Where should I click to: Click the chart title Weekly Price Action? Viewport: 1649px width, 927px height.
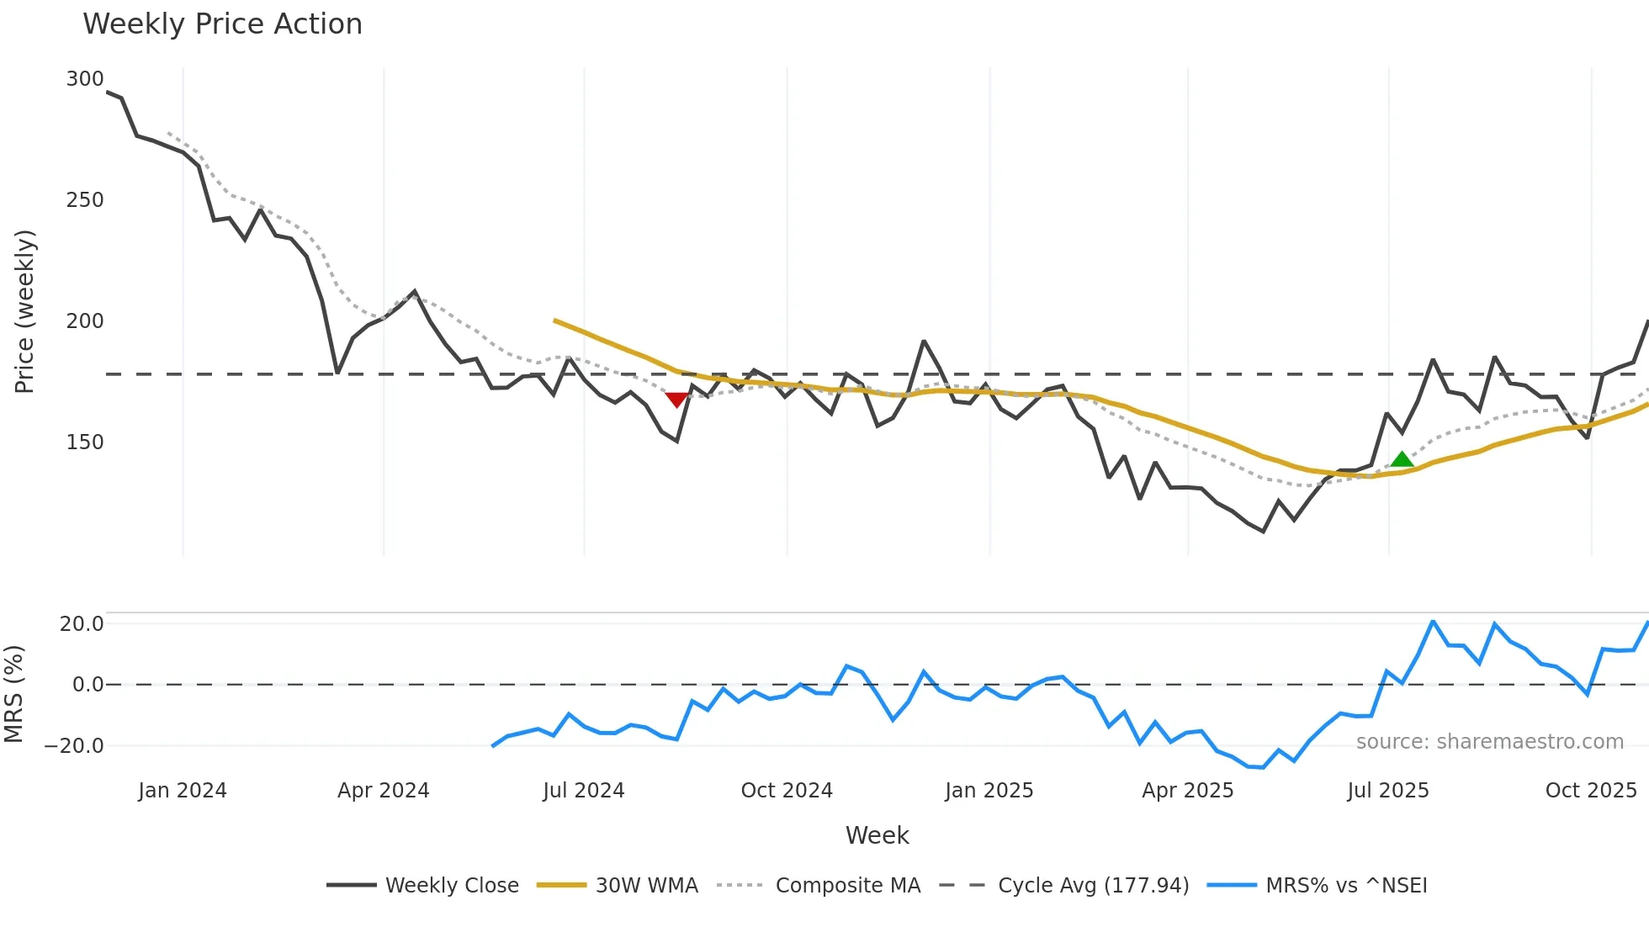222,24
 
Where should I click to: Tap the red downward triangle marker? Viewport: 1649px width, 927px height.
676,400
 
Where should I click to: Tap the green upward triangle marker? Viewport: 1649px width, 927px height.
1402,459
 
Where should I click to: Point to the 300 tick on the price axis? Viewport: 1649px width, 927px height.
84,79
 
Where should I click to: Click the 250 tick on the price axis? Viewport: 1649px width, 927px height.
84,200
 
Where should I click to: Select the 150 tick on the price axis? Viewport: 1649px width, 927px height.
84,442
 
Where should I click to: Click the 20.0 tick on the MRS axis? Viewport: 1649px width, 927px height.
82,624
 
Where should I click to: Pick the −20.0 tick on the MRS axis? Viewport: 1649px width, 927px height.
74,746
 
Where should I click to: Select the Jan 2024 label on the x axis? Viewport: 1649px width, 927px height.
183,791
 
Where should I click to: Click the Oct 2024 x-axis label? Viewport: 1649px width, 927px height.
787,791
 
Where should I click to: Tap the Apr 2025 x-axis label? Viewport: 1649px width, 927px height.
1187,791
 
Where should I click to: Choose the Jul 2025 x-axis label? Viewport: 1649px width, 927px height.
1387,791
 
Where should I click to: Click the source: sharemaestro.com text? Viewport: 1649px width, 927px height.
1489,742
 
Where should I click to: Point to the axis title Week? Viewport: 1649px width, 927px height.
877,835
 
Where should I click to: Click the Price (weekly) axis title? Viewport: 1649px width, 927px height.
24,311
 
